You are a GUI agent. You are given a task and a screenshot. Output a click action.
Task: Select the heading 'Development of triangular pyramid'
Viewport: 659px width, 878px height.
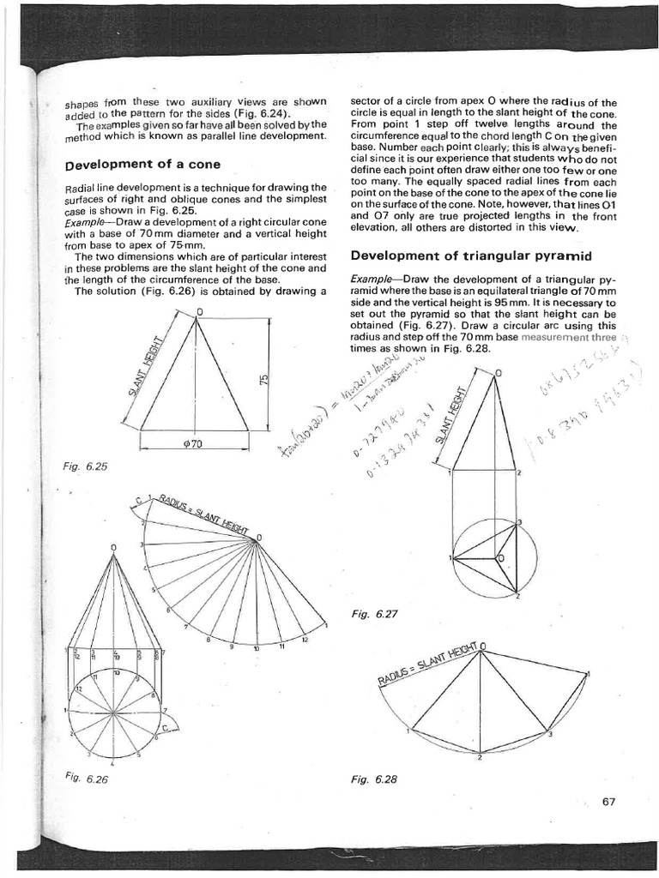tap(448, 255)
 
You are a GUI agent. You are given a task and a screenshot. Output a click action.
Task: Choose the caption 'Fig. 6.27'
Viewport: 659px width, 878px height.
tap(371, 614)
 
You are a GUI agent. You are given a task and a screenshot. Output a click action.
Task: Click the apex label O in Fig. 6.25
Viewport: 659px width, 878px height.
tap(200, 310)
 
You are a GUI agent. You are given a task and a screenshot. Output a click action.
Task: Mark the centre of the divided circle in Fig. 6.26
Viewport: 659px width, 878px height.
tap(113, 712)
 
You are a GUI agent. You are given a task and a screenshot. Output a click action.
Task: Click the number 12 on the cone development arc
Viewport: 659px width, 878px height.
tap(304, 640)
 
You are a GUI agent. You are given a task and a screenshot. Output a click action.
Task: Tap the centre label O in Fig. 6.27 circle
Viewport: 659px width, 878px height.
tap(502, 558)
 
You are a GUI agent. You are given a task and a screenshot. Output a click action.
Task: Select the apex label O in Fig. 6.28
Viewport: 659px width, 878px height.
tap(483, 645)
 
